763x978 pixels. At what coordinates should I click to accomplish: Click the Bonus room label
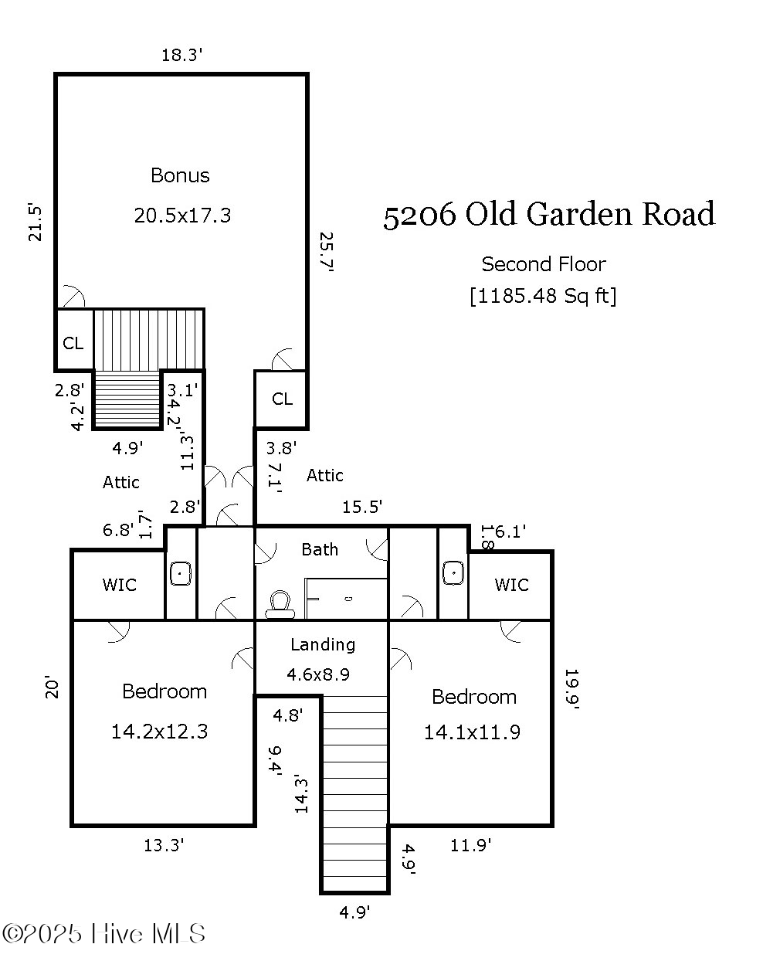(x=180, y=175)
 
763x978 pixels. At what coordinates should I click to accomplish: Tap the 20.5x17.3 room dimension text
(x=182, y=216)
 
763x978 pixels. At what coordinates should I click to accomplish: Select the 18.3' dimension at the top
(x=181, y=55)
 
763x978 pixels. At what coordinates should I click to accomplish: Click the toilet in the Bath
(x=280, y=604)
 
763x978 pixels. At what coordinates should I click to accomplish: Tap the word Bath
(x=320, y=549)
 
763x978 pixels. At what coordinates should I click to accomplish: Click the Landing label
(x=323, y=644)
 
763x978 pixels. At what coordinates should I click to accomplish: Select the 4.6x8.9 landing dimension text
(x=318, y=674)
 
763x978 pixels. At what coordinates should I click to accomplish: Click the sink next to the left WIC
(x=181, y=574)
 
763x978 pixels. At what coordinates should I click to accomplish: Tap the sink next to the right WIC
(x=453, y=573)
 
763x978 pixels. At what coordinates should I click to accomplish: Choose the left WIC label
(x=119, y=585)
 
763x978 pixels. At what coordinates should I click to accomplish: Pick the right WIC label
(x=511, y=585)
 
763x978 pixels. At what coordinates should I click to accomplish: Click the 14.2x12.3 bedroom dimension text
(x=160, y=732)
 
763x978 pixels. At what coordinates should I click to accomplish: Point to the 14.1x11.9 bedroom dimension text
(x=472, y=732)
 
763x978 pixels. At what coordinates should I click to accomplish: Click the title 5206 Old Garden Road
(x=549, y=215)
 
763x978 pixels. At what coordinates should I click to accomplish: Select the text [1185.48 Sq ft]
(x=543, y=296)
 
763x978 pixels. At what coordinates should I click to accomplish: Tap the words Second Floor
(x=544, y=264)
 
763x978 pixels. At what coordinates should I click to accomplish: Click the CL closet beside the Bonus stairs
(x=73, y=342)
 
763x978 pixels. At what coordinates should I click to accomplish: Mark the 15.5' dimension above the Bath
(x=362, y=507)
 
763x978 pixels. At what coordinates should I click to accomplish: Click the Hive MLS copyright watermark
(x=104, y=934)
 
